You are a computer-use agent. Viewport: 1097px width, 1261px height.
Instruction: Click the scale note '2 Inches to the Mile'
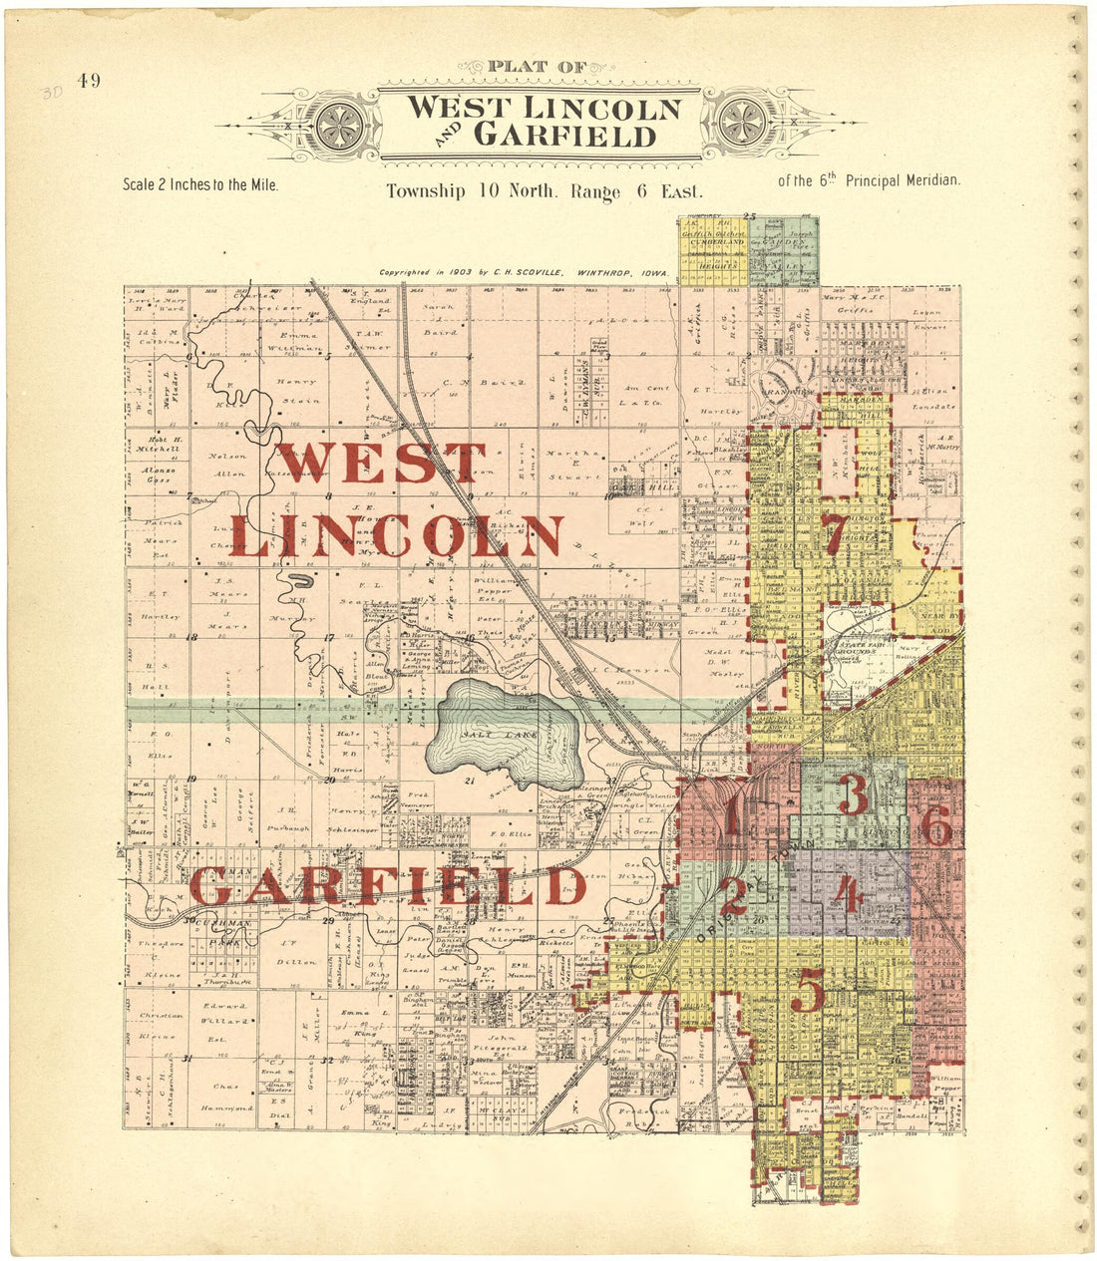pyautogui.click(x=199, y=184)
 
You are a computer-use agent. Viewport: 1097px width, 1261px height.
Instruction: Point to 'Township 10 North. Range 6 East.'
pyautogui.click(x=545, y=191)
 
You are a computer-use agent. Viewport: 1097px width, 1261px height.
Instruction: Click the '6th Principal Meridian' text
pyautogui.click(x=868, y=180)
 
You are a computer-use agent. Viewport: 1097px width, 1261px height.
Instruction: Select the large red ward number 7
pyautogui.click(x=836, y=535)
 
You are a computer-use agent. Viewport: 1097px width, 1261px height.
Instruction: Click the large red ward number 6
pyautogui.click(x=935, y=826)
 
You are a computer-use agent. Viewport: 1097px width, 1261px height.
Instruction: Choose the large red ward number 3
pyautogui.click(x=853, y=794)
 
